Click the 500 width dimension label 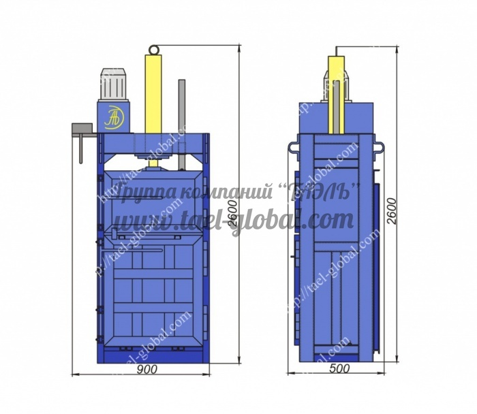(x=339, y=368)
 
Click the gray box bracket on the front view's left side (x=83, y=129)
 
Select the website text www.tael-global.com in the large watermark (x=234, y=220)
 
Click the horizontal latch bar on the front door (x=133, y=249)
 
